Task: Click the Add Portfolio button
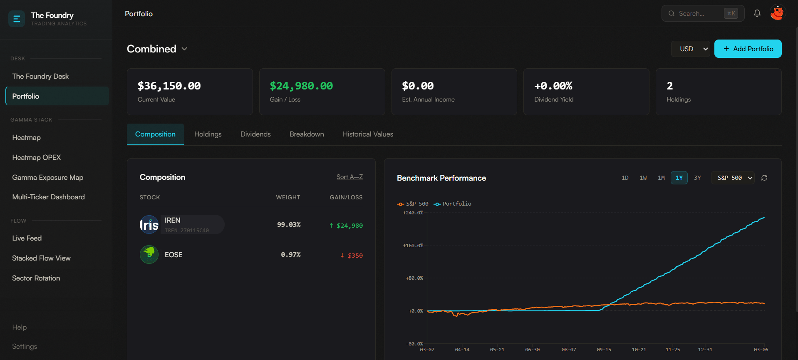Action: coord(748,49)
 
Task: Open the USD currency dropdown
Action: coord(690,49)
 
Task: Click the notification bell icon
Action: coord(757,13)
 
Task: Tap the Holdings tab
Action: coord(208,134)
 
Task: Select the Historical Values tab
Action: coord(368,134)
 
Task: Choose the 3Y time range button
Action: coord(697,178)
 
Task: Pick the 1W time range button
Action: coord(643,178)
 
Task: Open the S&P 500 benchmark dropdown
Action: coord(732,178)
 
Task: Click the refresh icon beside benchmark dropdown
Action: coord(764,178)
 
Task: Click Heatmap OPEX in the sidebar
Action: coord(37,157)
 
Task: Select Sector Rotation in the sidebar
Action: coord(36,278)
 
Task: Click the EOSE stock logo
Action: coord(149,254)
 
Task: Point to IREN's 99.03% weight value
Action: coord(289,225)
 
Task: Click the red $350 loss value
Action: coord(352,256)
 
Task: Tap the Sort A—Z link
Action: coord(349,177)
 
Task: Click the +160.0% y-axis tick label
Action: coord(413,246)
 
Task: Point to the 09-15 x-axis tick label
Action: coord(604,350)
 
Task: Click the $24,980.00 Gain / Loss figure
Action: coord(301,86)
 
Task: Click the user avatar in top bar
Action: coord(777,13)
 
